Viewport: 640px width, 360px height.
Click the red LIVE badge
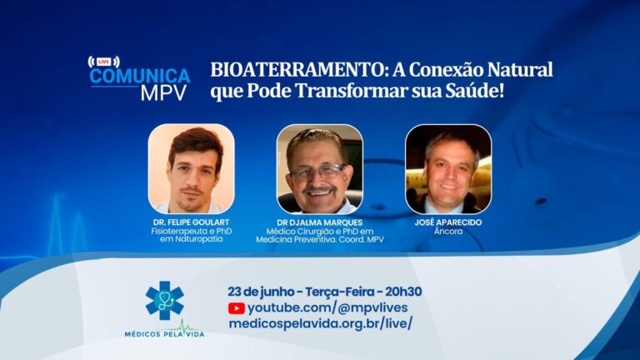[x=103, y=62]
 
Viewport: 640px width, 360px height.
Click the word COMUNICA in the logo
[x=140, y=77]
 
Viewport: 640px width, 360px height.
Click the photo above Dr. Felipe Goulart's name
[x=192, y=169]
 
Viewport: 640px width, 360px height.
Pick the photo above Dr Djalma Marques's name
[x=320, y=169]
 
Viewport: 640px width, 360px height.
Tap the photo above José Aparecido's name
[x=448, y=169]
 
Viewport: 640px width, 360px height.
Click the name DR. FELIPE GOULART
[x=191, y=222]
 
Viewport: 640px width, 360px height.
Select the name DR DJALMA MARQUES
[x=320, y=222]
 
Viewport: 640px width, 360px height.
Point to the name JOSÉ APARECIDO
[x=448, y=222]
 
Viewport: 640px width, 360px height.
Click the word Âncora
[x=448, y=231]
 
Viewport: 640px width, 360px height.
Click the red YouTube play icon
[x=237, y=308]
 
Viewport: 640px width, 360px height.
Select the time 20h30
[x=403, y=292]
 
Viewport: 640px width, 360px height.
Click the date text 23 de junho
[x=261, y=292]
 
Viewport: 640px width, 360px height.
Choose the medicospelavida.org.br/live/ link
[x=320, y=323]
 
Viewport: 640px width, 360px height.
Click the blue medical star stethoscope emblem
[x=164, y=300]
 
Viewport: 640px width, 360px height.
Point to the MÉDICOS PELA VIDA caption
[x=164, y=334]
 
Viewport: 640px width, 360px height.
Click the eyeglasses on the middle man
[x=319, y=172]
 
